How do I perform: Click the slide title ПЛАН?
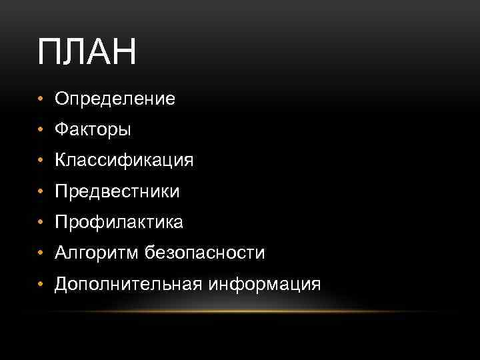point(87,53)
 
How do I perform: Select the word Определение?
point(115,100)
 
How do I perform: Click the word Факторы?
point(93,131)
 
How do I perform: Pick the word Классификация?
point(124,161)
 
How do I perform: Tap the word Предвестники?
point(117,192)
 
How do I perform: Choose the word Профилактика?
point(119,222)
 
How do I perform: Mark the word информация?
point(265,284)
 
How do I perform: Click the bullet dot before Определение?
point(41,100)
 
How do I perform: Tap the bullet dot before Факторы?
point(41,131)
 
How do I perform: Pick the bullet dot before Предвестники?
point(41,192)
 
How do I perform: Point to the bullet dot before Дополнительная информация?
point(41,284)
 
